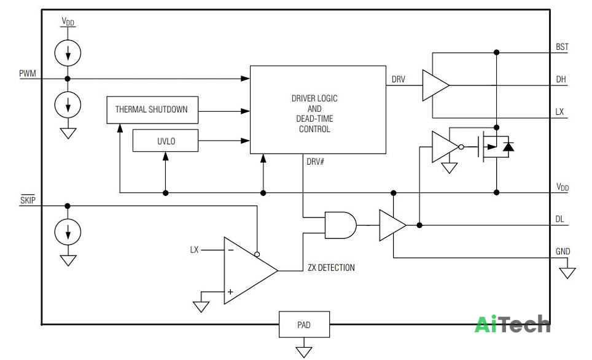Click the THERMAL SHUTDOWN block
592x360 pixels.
tap(152, 110)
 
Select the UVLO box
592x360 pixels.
tap(165, 141)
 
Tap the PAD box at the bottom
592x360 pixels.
tap(305, 324)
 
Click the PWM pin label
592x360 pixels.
tap(28, 73)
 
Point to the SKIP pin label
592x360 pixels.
tap(28, 200)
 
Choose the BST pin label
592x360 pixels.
tap(562, 47)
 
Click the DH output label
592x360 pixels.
tap(561, 79)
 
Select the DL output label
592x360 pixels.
tap(559, 219)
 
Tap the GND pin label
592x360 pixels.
tap(563, 252)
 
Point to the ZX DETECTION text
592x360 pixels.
tap(331, 268)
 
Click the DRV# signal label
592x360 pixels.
tap(315, 162)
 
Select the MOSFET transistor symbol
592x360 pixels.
tap(493, 147)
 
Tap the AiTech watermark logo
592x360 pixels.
tap(512, 324)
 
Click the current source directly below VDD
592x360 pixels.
tap(68, 52)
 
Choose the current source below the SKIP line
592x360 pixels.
tap(68, 232)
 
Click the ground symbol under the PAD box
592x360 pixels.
tap(304, 352)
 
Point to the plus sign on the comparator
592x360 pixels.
tap(230, 292)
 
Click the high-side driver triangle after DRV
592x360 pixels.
tap(435, 85)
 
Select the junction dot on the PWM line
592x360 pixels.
tap(68, 79)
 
